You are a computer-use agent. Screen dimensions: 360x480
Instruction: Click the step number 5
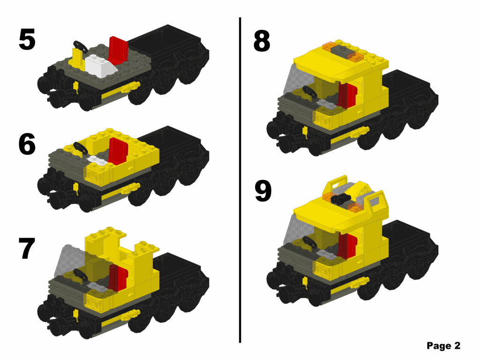(x=27, y=40)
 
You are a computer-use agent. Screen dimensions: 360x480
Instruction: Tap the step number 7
(x=27, y=249)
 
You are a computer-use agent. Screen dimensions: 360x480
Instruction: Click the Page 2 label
(x=443, y=346)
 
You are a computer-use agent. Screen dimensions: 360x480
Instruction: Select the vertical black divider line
(x=240, y=178)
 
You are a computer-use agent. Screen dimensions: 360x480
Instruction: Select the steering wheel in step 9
(x=309, y=242)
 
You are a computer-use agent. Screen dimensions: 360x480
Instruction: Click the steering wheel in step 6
(x=80, y=148)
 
